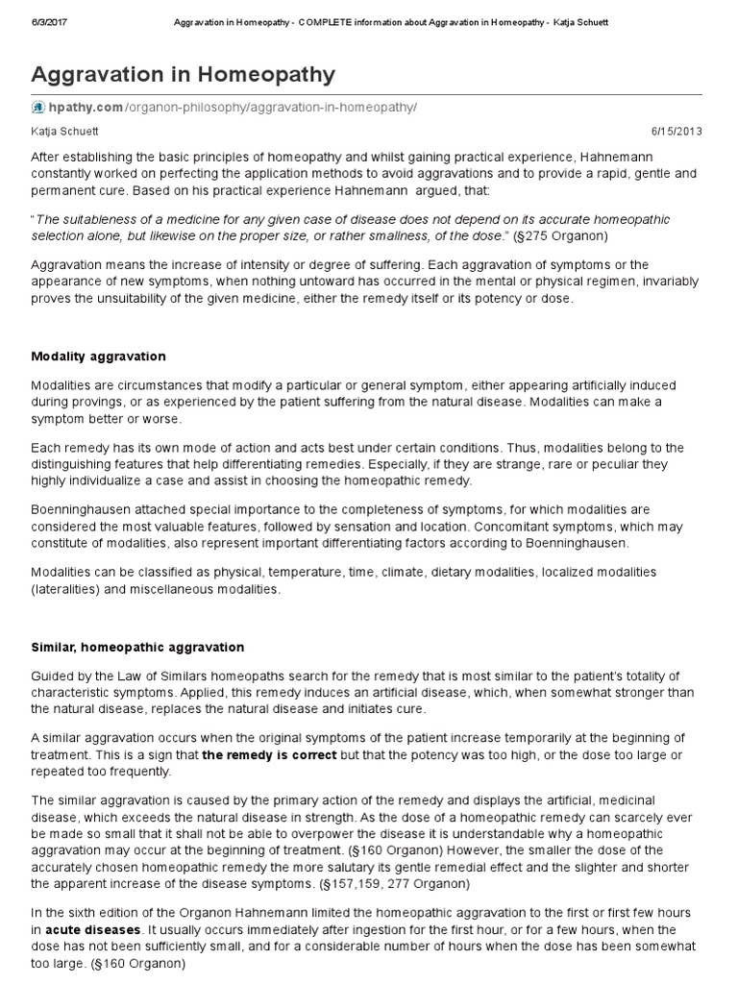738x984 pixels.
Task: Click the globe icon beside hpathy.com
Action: pos(38,108)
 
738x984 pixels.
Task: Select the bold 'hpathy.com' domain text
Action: pos(85,108)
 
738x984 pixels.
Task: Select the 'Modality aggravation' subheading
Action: pos(98,357)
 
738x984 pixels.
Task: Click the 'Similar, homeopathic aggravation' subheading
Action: pos(137,648)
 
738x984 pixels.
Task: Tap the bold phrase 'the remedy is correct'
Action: pos(269,755)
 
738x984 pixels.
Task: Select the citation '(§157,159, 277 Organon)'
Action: pos(407,882)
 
